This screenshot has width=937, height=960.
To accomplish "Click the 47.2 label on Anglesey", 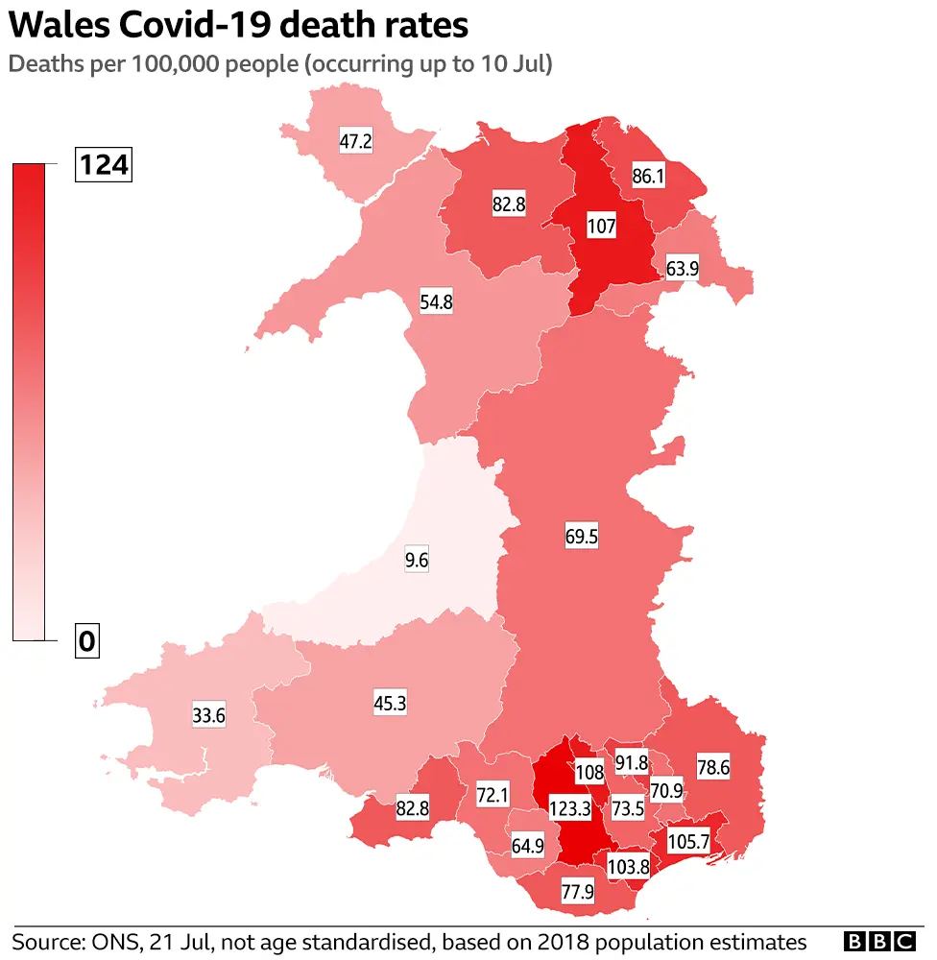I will pos(355,142).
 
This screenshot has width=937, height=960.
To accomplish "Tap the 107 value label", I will pos(602,228).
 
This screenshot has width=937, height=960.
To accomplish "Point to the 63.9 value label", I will pos(681,269).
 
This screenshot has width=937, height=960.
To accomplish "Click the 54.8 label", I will pos(436,301).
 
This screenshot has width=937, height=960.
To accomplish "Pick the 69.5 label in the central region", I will pos(581,537).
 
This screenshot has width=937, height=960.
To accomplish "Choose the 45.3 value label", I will pos(390,703).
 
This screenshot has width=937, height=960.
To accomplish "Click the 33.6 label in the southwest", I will pos(208,715).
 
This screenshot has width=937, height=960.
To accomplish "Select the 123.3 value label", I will pos(570,808).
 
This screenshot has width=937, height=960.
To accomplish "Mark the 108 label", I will pos(589,772).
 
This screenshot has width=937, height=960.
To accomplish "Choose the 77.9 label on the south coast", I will pos(577,892).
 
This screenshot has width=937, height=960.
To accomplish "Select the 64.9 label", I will pos(527,846).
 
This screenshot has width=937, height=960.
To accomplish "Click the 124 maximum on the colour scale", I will pos(103,165).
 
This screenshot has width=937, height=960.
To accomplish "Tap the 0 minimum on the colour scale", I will pos(87,641).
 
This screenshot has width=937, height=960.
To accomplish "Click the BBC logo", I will pos(880,941).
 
